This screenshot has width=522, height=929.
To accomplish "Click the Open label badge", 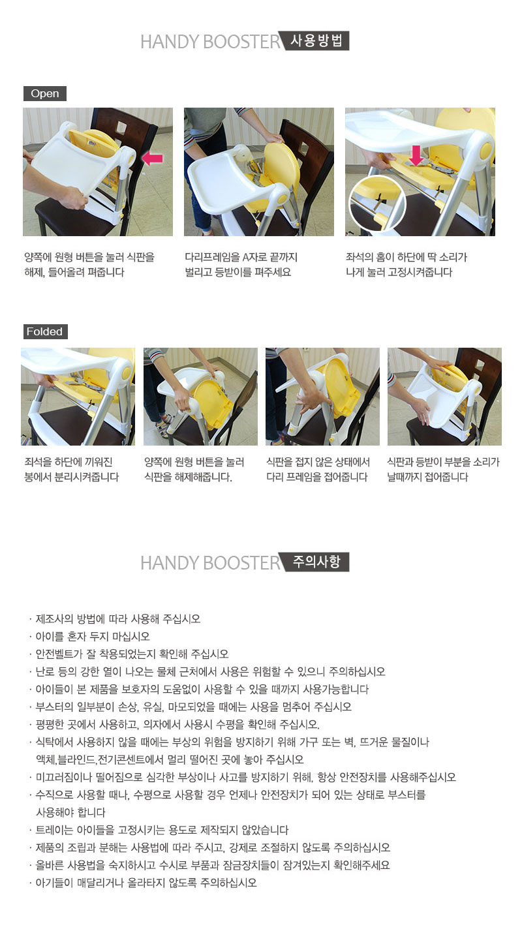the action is pyautogui.click(x=45, y=94).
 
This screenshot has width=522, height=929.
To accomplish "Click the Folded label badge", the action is pyautogui.click(x=45, y=332).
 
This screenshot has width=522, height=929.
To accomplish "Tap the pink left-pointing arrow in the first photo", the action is pyautogui.click(x=152, y=158).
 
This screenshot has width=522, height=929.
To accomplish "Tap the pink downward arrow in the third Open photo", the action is pyautogui.click(x=416, y=155).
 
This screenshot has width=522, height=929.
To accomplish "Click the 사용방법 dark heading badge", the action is pyautogui.click(x=315, y=40).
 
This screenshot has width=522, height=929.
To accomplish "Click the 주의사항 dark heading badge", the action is pyautogui.click(x=315, y=562).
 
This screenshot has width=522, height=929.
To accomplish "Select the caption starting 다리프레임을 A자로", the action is pyautogui.click(x=241, y=265).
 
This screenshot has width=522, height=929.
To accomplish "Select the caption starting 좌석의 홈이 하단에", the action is pyautogui.click(x=407, y=265).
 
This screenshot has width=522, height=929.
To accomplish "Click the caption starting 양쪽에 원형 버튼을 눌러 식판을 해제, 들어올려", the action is pyautogui.click(x=89, y=265).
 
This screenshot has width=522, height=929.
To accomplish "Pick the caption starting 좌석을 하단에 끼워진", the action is pyautogui.click(x=71, y=470).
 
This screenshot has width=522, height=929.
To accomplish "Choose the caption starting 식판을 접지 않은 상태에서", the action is pyautogui.click(x=318, y=470).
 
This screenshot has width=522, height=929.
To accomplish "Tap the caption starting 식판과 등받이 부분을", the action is pyautogui.click(x=443, y=470).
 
